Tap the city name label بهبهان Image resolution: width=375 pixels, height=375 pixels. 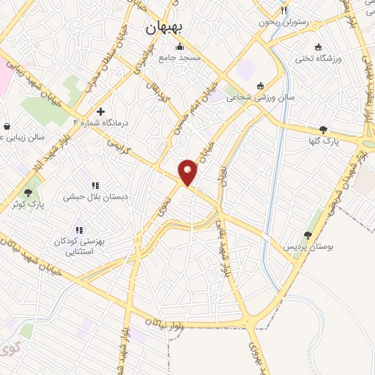click(x=167, y=29)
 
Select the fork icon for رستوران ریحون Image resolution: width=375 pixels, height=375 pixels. click(x=283, y=11)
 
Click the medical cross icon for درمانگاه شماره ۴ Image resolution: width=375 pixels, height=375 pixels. click(x=100, y=112)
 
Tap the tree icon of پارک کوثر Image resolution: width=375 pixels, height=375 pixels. click(x=29, y=193)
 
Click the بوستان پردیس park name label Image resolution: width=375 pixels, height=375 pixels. click(x=309, y=248)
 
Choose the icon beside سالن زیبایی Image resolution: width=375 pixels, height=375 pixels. click(x=7, y=125)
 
